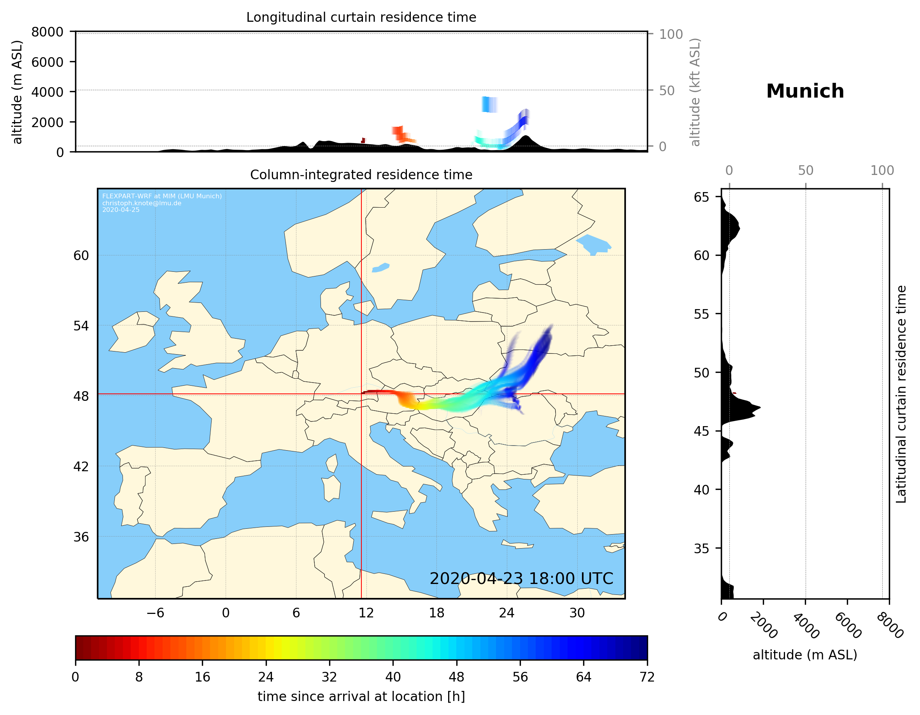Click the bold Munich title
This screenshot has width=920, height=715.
coord(805,91)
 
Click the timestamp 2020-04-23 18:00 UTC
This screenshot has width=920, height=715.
coord(521,579)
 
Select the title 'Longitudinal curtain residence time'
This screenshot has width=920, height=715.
coord(361,17)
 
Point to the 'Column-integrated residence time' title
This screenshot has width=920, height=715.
coord(361,175)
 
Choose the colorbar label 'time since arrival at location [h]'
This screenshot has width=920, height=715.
coord(361,696)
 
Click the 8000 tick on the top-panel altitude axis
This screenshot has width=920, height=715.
coord(47,32)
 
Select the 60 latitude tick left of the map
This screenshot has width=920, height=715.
coord(81,255)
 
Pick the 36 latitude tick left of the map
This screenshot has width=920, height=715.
coord(81,537)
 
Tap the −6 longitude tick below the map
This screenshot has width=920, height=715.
coord(155,613)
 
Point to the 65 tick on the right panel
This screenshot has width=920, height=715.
coord(701,197)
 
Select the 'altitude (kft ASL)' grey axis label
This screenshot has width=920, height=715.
coord(695,93)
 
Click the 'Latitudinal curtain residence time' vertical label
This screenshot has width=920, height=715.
coord(901,394)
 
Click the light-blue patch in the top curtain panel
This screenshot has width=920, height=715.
coord(489,105)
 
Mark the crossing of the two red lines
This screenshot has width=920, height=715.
coord(361,394)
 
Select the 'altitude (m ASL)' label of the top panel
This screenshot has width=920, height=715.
coord(17,92)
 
